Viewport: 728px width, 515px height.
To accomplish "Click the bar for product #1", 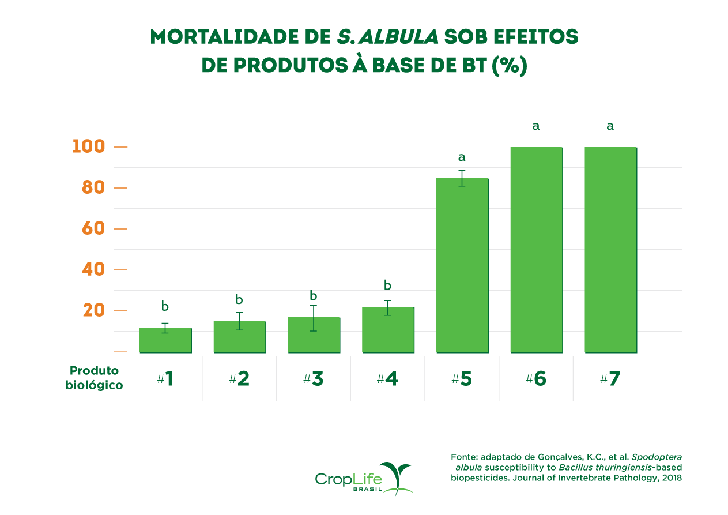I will [x=165, y=340].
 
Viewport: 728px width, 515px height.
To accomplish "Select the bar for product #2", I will [x=240, y=337].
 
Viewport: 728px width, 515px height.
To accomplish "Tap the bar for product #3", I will [x=314, y=335].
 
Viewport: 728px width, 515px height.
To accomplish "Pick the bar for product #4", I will [x=388, y=330].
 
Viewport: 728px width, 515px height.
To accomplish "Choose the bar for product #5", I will [x=462, y=265].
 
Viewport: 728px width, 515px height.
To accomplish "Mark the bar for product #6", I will [x=536, y=250].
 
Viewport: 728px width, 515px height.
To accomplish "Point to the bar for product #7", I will [x=610, y=250].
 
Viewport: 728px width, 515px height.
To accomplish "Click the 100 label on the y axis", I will [x=89, y=146].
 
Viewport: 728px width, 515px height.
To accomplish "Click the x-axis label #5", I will [x=462, y=379].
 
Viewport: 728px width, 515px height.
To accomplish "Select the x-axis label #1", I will [x=165, y=379].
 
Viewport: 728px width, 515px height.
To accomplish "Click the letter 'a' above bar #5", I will [x=462, y=157].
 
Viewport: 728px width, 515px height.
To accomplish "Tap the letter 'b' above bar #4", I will [x=388, y=285].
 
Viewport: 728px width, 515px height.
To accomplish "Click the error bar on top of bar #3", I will [x=314, y=318].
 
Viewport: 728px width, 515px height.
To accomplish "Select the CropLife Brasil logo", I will [x=364, y=478].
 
